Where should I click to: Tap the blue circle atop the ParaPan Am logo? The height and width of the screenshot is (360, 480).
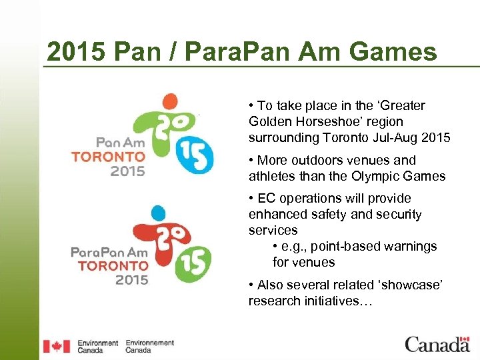(157, 214)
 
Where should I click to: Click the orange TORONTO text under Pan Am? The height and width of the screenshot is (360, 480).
(108, 157)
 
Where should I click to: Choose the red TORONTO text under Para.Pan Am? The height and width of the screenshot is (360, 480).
(112, 265)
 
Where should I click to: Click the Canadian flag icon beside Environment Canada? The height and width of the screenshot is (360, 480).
(56, 346)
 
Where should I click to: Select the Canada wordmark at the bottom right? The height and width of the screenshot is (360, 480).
(437, 345)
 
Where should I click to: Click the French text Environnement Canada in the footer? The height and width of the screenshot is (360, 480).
(149, 346)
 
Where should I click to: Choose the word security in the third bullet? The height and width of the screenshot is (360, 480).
(398, 214)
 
